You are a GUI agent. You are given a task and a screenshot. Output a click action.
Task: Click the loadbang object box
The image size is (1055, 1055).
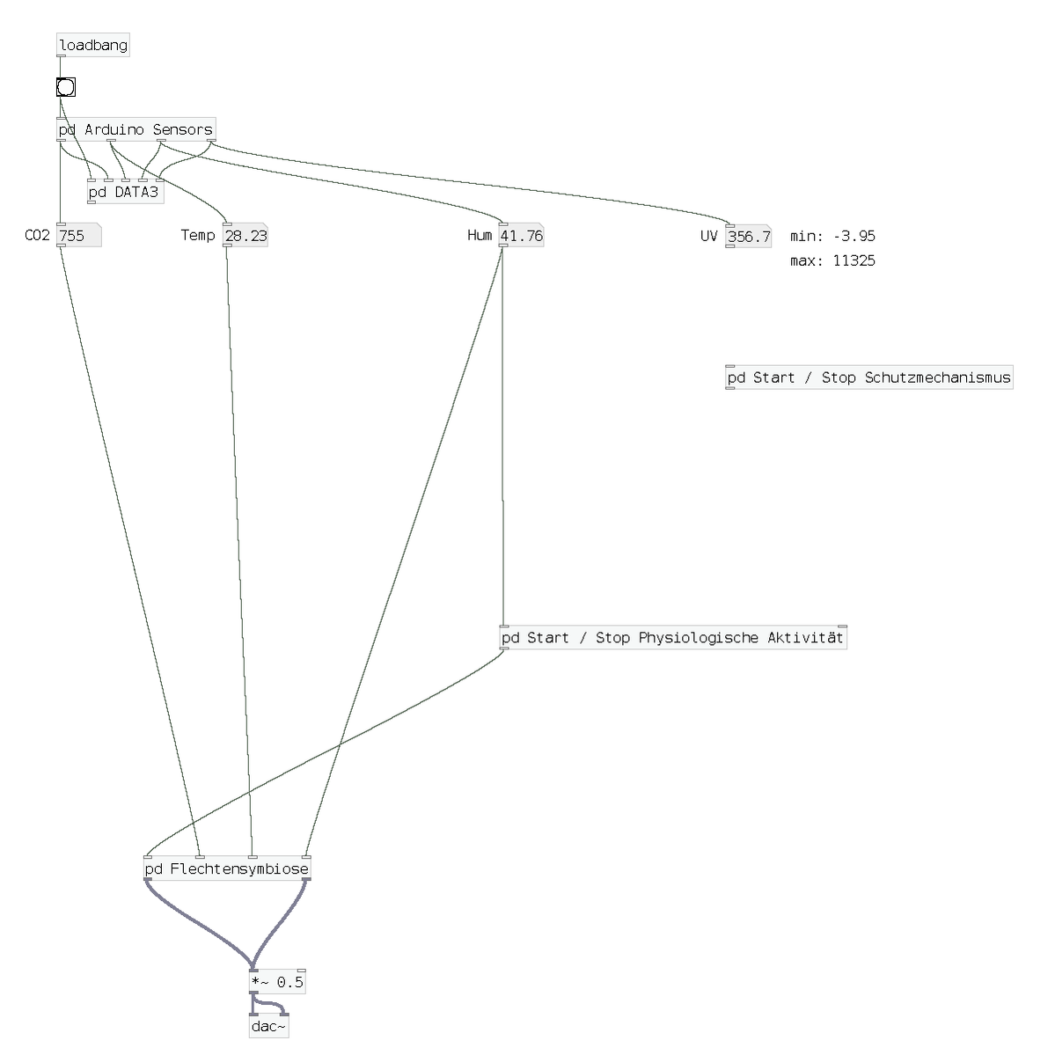93,45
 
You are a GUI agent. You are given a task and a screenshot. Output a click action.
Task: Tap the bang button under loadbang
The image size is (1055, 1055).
66,87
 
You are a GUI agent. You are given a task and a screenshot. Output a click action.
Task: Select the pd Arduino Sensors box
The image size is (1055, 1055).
136,129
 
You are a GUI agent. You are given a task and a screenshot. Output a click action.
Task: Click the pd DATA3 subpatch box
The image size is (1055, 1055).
126,192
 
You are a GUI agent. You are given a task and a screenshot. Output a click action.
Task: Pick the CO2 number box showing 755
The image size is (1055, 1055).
78,236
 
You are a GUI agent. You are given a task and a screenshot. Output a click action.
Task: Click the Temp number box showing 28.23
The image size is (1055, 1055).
245,236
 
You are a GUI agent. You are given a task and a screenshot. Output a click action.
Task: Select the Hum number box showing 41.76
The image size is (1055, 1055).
522,236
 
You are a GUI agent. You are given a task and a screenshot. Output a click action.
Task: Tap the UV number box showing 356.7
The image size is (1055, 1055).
749,236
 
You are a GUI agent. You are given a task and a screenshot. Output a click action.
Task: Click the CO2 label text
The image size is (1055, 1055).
37,235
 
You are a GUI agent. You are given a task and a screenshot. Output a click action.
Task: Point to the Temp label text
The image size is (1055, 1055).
198,235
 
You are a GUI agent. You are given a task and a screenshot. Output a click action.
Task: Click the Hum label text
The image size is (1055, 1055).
480,235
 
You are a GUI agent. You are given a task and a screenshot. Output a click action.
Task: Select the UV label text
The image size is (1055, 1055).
709,236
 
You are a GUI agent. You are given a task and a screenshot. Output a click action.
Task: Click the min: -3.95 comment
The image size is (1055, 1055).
833,236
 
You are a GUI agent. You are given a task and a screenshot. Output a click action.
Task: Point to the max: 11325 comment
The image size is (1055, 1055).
833,260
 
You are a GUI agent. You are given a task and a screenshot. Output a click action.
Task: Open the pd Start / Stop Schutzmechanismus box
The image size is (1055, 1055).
869,377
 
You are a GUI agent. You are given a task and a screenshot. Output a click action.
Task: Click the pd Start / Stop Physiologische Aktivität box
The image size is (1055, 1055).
673,637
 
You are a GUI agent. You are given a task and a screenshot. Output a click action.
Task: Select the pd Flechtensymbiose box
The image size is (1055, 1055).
227,868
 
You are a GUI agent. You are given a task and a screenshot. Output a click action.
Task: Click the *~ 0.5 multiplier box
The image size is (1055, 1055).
277,982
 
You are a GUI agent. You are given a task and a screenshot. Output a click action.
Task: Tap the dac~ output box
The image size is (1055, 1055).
269,1026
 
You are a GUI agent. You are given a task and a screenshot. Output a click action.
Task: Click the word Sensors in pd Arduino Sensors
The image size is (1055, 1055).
182,129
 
